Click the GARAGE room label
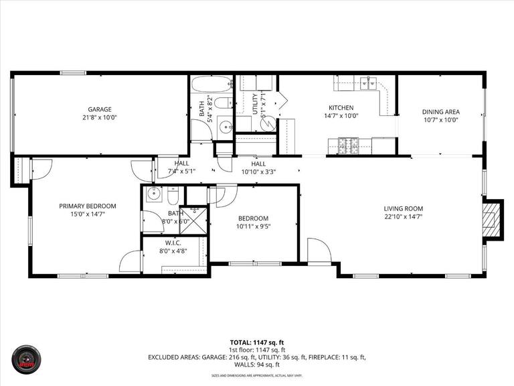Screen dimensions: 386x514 100,109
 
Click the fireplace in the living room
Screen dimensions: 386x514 493,218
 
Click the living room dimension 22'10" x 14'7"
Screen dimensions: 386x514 403,216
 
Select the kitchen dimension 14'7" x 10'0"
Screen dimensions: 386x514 341,115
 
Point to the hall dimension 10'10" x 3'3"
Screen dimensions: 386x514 258,172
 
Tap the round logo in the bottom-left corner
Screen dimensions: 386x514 28,361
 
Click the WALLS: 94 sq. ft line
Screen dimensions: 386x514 257,365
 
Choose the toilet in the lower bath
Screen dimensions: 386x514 173,195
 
